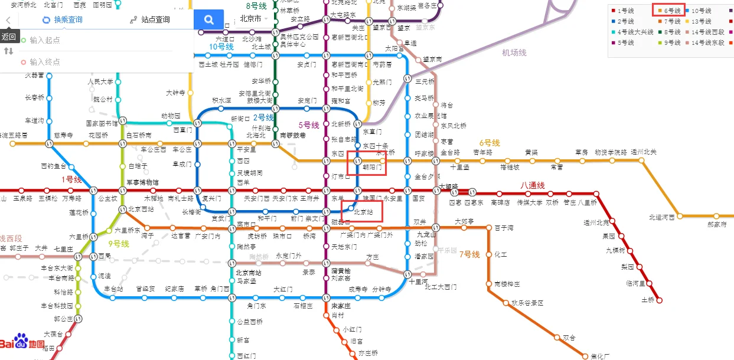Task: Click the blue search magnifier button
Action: coord(209,19)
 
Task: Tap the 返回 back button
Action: coord(8,36)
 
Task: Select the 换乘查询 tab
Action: coord(63,19)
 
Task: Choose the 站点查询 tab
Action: coord(150,19)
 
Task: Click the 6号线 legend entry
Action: coord(669,11)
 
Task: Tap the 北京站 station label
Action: coord(363,211)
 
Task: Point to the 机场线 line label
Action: coord(514,53)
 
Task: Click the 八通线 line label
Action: coord(532,186)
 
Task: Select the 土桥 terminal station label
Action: coord(648,300)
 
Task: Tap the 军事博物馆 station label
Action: coord(142,182)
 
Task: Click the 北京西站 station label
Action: coord(141,209)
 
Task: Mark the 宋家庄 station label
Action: coord(341,306)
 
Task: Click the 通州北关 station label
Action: coord(643,152)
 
